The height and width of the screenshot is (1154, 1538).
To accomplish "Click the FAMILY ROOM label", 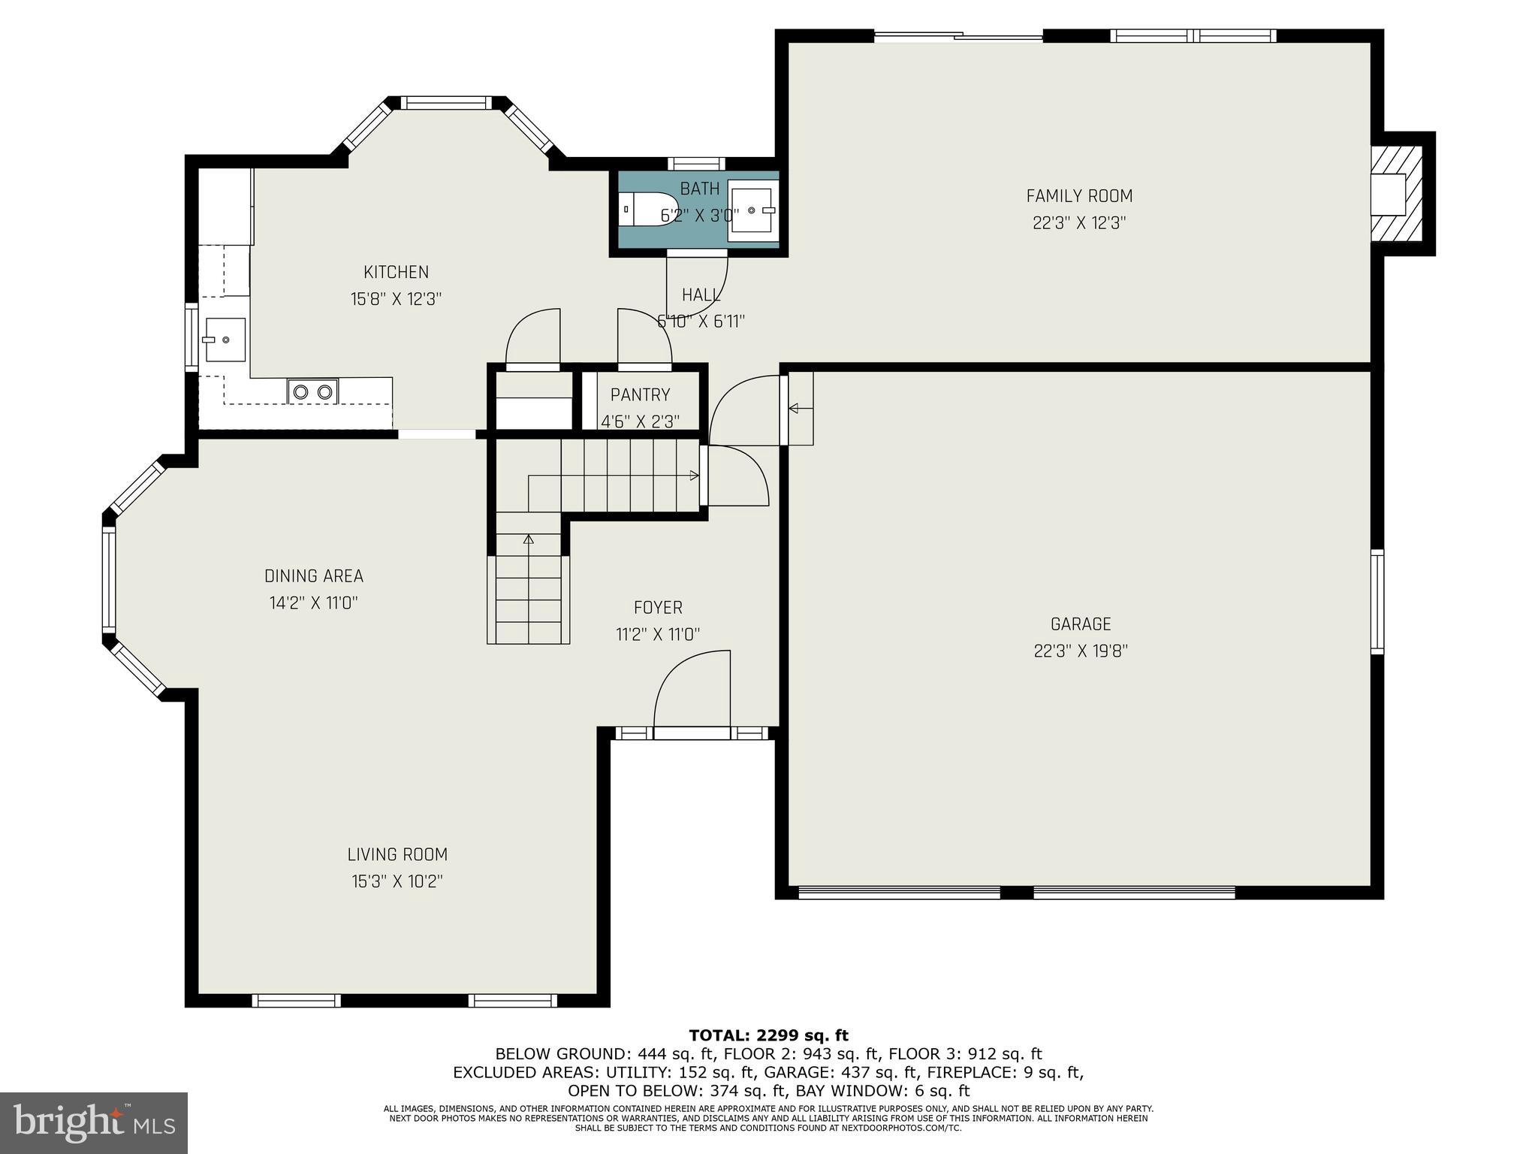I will (x=1079, y=196).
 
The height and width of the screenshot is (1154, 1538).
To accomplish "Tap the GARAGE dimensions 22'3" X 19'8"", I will (x=1081, y=651).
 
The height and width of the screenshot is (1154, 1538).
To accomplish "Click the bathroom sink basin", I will (x=752, y=210).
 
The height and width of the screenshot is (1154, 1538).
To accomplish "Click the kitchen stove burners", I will (x=312, y=391).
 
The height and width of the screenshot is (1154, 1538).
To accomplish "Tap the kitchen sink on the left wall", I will (x=223, y=340).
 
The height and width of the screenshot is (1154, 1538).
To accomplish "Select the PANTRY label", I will (x=640, y=395).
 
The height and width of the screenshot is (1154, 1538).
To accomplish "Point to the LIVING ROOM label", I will (x=397, y=854).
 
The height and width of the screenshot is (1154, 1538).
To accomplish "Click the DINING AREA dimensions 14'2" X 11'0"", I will (x=314, y=603).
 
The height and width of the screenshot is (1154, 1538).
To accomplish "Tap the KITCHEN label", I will (x=396, y=272).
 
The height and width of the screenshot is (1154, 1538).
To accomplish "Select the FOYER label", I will (x=658, y=608).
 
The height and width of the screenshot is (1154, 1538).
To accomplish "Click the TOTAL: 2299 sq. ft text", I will (x=768, y=1036).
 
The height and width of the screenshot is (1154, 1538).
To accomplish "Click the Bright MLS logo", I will (x=93, y=1122).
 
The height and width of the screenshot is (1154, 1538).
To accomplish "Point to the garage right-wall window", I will (x=1377, y=601).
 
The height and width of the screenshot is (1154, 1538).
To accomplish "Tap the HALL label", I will (x=701, y=295).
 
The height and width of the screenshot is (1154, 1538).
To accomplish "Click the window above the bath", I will (x=696, y=163).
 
